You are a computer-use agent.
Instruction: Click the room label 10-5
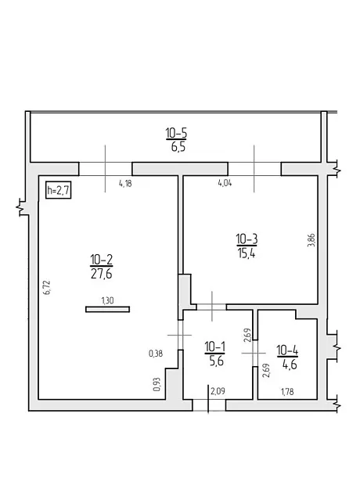click(x=176, y=133)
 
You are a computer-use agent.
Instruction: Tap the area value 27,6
click(x=101, y=274)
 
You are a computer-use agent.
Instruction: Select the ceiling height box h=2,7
click(x=58, y=190)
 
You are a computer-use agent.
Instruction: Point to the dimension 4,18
click(x=125, y=184)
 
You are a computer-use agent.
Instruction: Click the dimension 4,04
click(x=225, y=183)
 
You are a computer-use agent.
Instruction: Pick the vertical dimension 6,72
click(x=47, y=287)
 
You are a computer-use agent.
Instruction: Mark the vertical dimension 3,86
click(x=311, y=239)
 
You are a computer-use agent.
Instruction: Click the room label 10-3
click(x=247, y=239)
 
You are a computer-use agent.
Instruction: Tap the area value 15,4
click(x=247, y=253)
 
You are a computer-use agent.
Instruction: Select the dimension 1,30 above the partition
click(x=107, y=300)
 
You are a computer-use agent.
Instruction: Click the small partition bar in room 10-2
click(x=107, y=309)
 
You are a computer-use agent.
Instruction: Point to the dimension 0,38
click(x=156, y=354)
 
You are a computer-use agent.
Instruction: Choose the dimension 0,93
click(x=157, y=384)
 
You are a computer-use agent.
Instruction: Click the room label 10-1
click(x=214, y=347)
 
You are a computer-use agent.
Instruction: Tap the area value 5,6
click(x=216, y=361)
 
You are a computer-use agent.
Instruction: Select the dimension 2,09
click(x=218, y=391)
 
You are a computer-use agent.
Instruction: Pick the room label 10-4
click(x=287, y=351)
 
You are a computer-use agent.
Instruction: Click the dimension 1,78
click(x=287, y=392)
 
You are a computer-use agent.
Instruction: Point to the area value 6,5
click(x=178, y=147)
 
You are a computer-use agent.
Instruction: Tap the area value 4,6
click(x=290, y=365)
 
